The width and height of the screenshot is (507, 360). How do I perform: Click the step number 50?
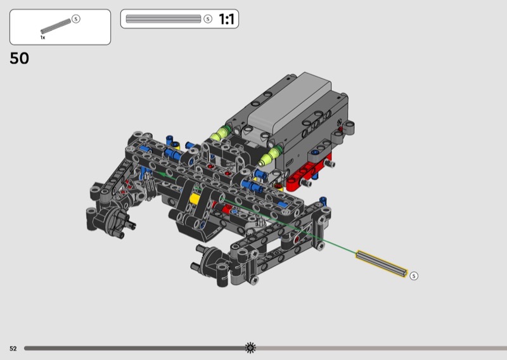click(x=20, y=58)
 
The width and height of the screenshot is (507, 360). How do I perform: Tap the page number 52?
click(x=13, y=349)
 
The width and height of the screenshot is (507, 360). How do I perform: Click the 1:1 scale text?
click(x=226, y=19)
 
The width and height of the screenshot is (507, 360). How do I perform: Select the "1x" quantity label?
click(x=42, y=37)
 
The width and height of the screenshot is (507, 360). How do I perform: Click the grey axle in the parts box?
click(x=56, y=26)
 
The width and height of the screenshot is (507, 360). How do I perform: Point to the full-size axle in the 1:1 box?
click(x=164, y=19)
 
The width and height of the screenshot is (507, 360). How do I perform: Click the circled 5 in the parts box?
click(x=75, y=19)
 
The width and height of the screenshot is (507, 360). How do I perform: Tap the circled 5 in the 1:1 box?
click(x=208, y=19)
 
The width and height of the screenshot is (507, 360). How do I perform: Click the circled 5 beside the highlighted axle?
click(x=414, y=276)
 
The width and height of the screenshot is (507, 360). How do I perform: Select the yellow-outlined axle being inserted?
click(x=382, y=264)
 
